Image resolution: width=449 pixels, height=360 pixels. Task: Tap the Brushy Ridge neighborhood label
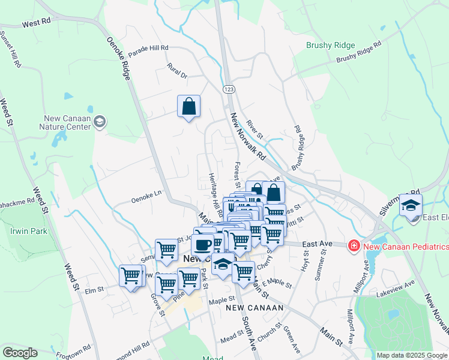331,45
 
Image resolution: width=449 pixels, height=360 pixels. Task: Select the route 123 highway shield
229,89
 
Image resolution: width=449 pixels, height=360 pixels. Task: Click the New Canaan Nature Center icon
100,122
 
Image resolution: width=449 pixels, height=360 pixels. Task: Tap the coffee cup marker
203,244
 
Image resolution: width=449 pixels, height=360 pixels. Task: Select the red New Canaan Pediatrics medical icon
354,245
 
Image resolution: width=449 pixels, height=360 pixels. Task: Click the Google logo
20,353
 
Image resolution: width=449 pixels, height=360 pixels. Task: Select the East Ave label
317,244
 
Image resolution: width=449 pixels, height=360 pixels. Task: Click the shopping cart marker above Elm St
130,276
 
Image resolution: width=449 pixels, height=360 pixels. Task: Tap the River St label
255,127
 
